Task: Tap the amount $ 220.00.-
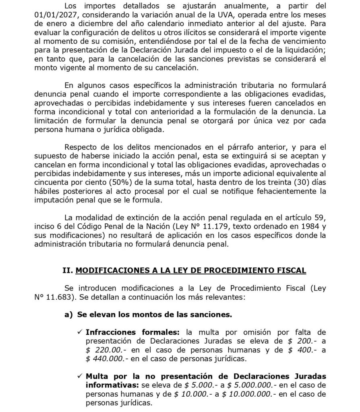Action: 106,350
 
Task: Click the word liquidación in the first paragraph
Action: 291,49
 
